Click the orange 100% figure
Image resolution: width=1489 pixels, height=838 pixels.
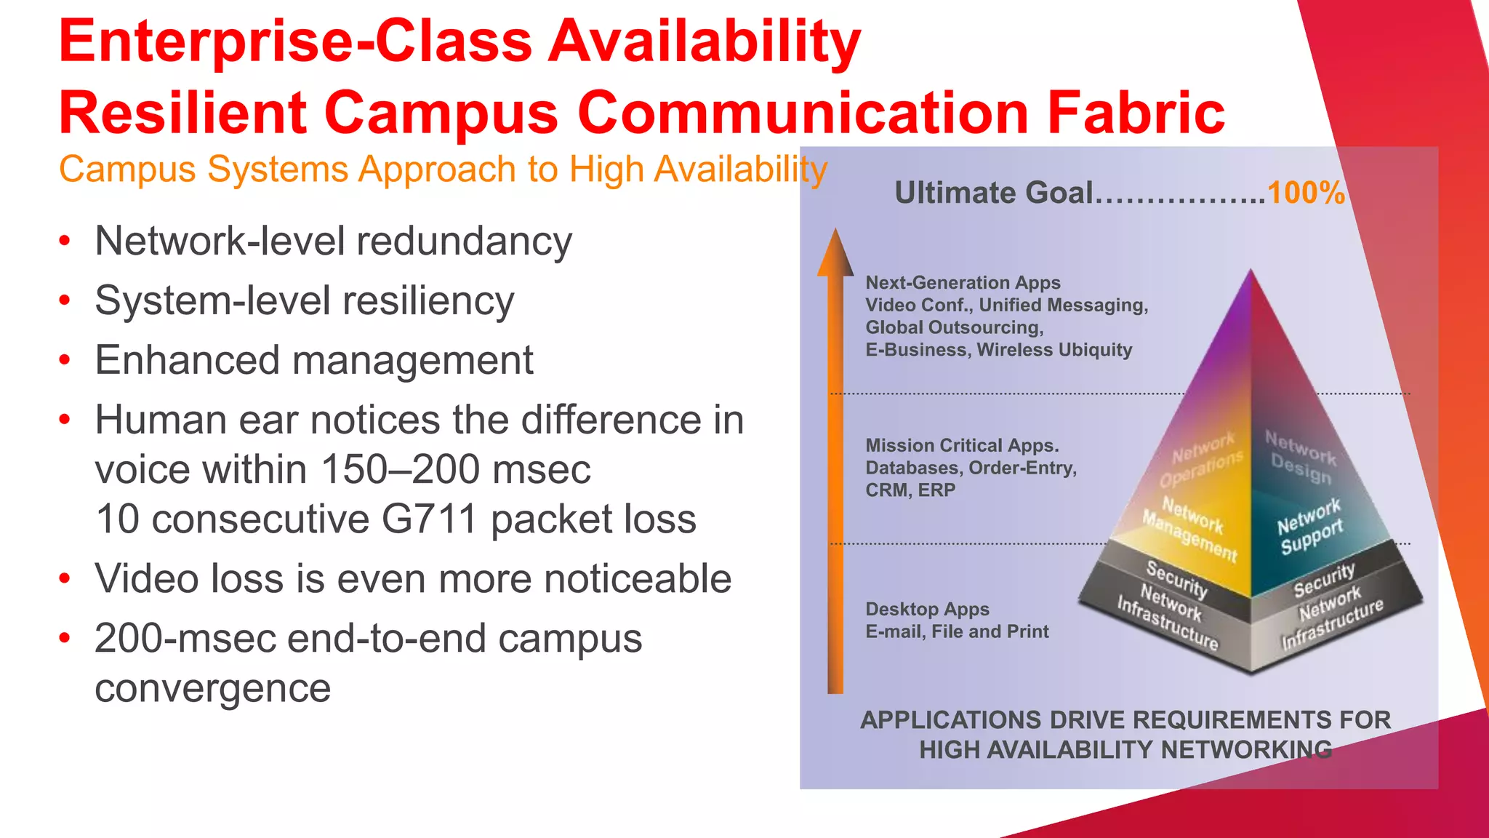[x=1305, y=193]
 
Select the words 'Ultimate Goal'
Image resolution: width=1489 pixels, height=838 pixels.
[x=993, y=193]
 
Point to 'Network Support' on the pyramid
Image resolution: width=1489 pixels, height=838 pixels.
[x=1310, y=525]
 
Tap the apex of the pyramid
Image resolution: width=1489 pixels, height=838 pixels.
[x=1251, y=273]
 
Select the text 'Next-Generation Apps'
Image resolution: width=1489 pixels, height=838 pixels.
[x=963, y=282]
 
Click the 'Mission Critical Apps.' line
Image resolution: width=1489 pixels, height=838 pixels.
[x=962, y=445]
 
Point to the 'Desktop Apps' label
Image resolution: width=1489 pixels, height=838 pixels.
[x=927, y=609]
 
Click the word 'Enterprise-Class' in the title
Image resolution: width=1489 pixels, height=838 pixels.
[x=295, y=41]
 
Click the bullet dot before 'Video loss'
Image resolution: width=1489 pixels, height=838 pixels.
[x=65, y=579]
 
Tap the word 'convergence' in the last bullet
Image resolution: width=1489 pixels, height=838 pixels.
[x=212, y=688]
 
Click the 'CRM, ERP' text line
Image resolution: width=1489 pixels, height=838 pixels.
[x=910, y=490]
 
